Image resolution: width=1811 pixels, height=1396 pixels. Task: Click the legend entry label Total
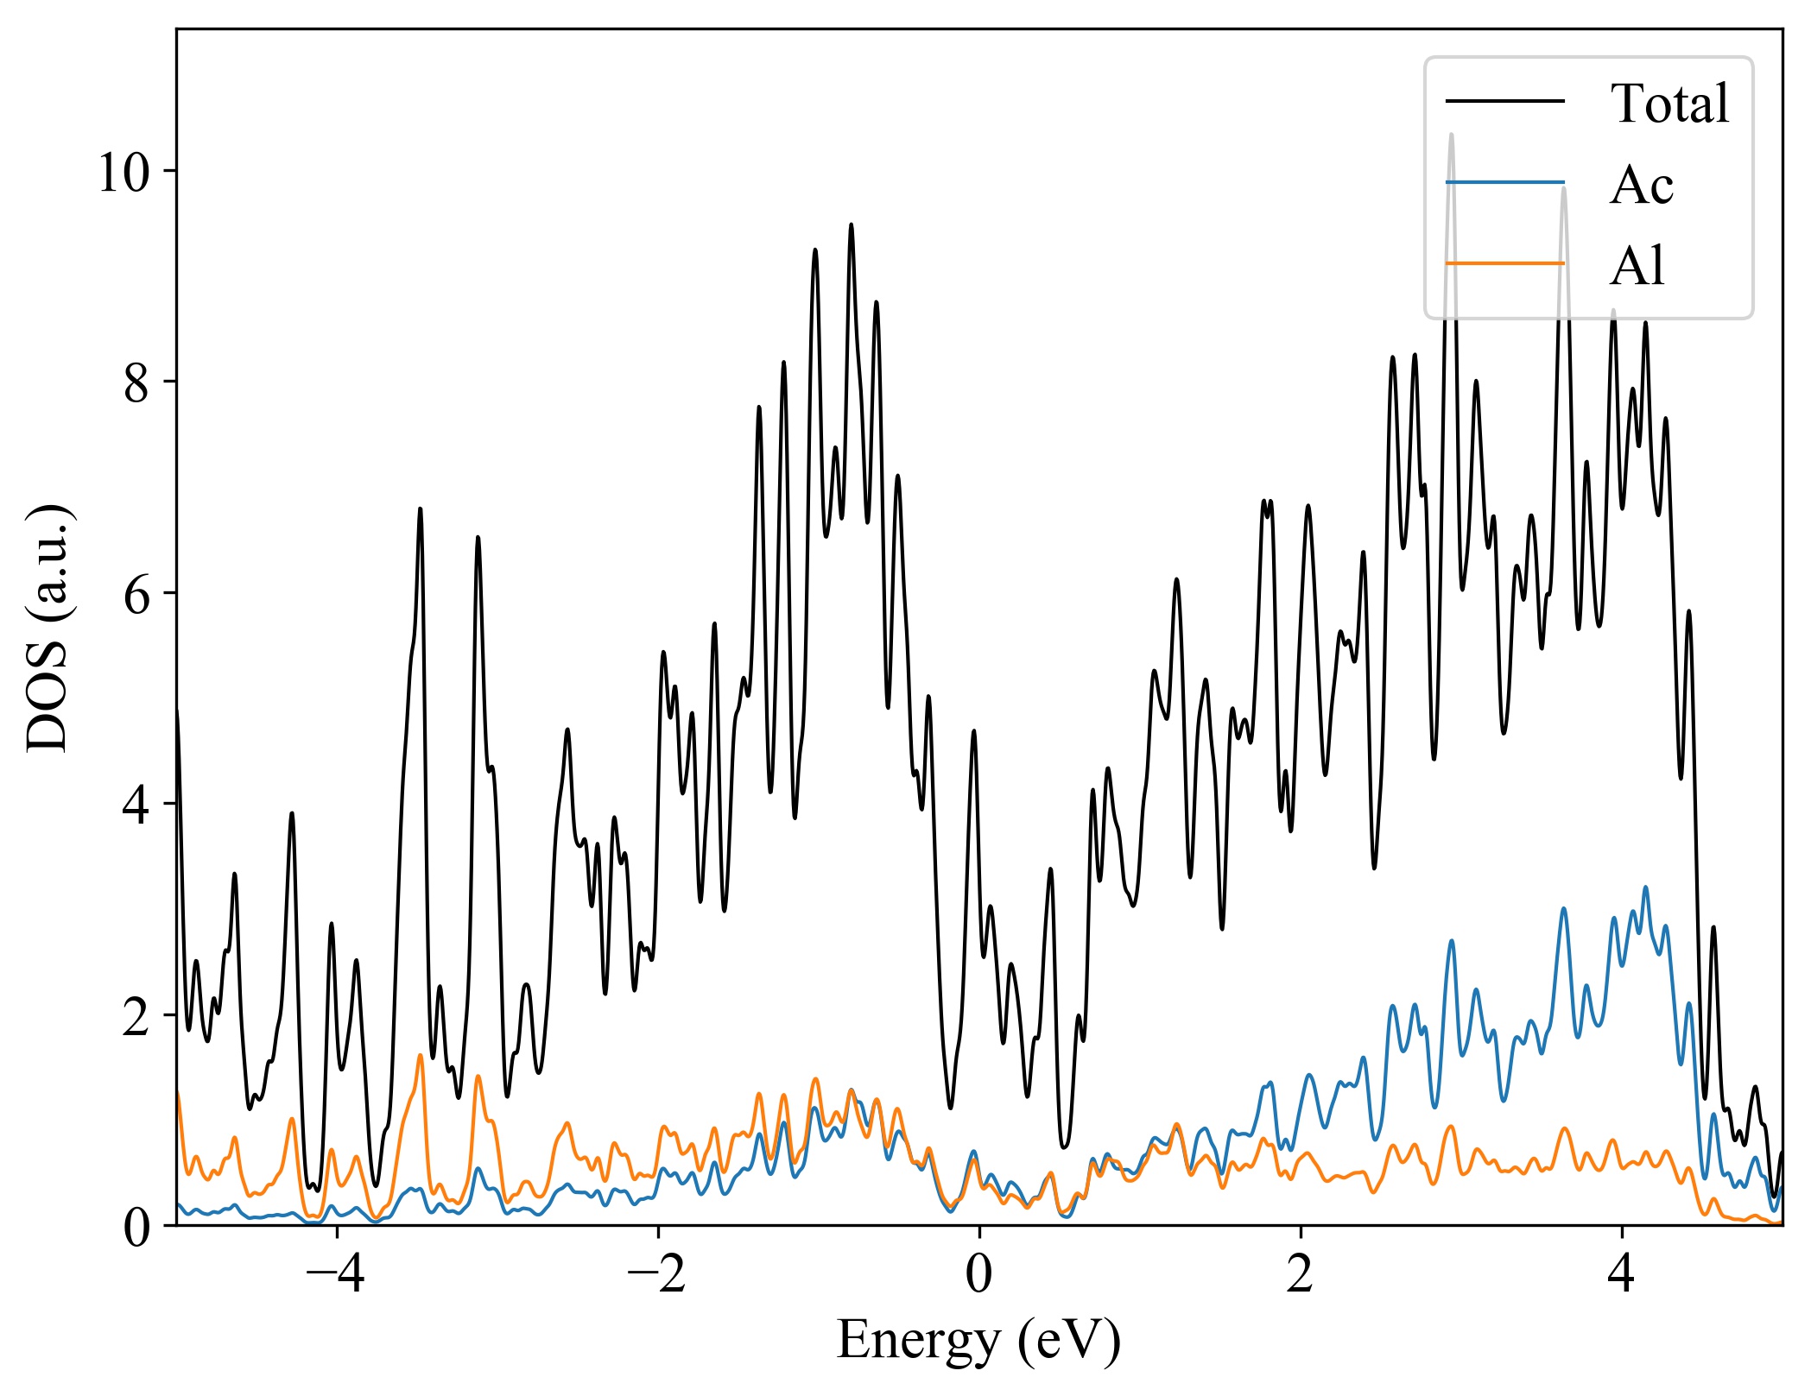click(x=1669, y=104)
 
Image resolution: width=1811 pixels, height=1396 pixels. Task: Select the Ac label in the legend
click(x=1641, y=185)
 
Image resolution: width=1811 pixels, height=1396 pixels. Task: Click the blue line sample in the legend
click(x=1504, y=182)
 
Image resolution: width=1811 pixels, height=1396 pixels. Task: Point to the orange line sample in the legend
click(x=1504, y=262)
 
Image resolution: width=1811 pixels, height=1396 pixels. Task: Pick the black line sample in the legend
click(x=1504, y=102)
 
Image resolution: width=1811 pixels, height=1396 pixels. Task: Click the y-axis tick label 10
click(x=124, y=173)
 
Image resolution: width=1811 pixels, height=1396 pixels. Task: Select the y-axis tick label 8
click(x=137, y=383)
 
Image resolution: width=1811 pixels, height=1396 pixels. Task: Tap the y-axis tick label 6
click(x=137, y=594)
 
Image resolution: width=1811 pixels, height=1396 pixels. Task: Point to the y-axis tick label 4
click(x=137, y=805)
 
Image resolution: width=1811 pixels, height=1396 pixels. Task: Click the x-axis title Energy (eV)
click(x=978, y=1341)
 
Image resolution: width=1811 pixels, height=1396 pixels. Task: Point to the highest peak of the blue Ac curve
click(x=1645, y=887)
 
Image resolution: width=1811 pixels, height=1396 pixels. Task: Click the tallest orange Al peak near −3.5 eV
click(x=421, y=1055)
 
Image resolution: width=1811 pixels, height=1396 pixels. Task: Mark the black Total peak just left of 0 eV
click(x=973, y=731)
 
